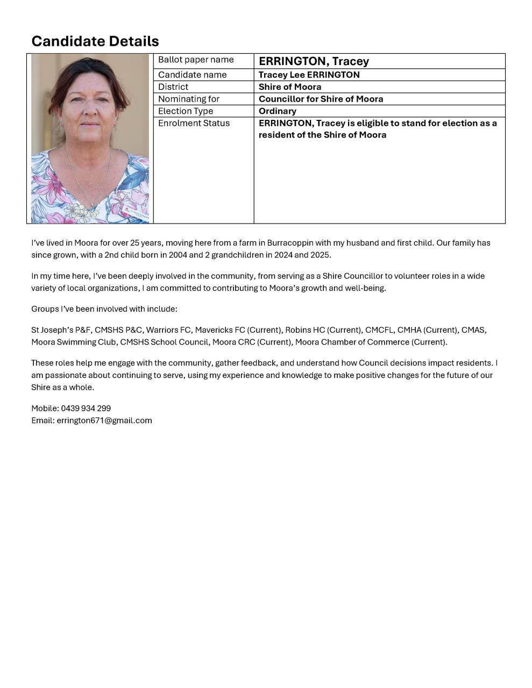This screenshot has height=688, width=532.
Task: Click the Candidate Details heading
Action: (x=95, y=41)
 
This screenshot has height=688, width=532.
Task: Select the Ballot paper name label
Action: (x=196, y=60)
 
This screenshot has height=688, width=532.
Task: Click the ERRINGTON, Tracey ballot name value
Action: (x=314, y=61)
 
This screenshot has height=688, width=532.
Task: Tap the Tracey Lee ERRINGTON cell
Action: (x=309, y=75)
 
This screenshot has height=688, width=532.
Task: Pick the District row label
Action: (x=173, y=87)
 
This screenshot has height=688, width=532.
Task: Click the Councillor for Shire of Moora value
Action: (x=321, y=99)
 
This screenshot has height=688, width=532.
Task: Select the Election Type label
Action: (x=186, y=111)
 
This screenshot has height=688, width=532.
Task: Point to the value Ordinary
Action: (x=277, y=111)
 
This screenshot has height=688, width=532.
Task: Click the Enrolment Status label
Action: (x=194, y=123)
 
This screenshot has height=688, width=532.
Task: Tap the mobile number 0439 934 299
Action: (x=86, y=408)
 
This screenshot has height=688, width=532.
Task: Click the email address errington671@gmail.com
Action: (x=104, y=420)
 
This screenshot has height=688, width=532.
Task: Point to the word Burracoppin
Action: (x=290, y=243)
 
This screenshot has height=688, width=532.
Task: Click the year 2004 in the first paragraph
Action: (x=178, y=255)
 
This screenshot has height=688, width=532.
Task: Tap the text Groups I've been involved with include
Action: (x=104, y=309)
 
